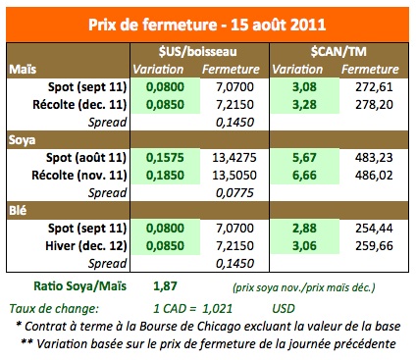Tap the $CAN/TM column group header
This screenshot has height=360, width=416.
pos(336,52)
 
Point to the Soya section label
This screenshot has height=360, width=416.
pos(24,139)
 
